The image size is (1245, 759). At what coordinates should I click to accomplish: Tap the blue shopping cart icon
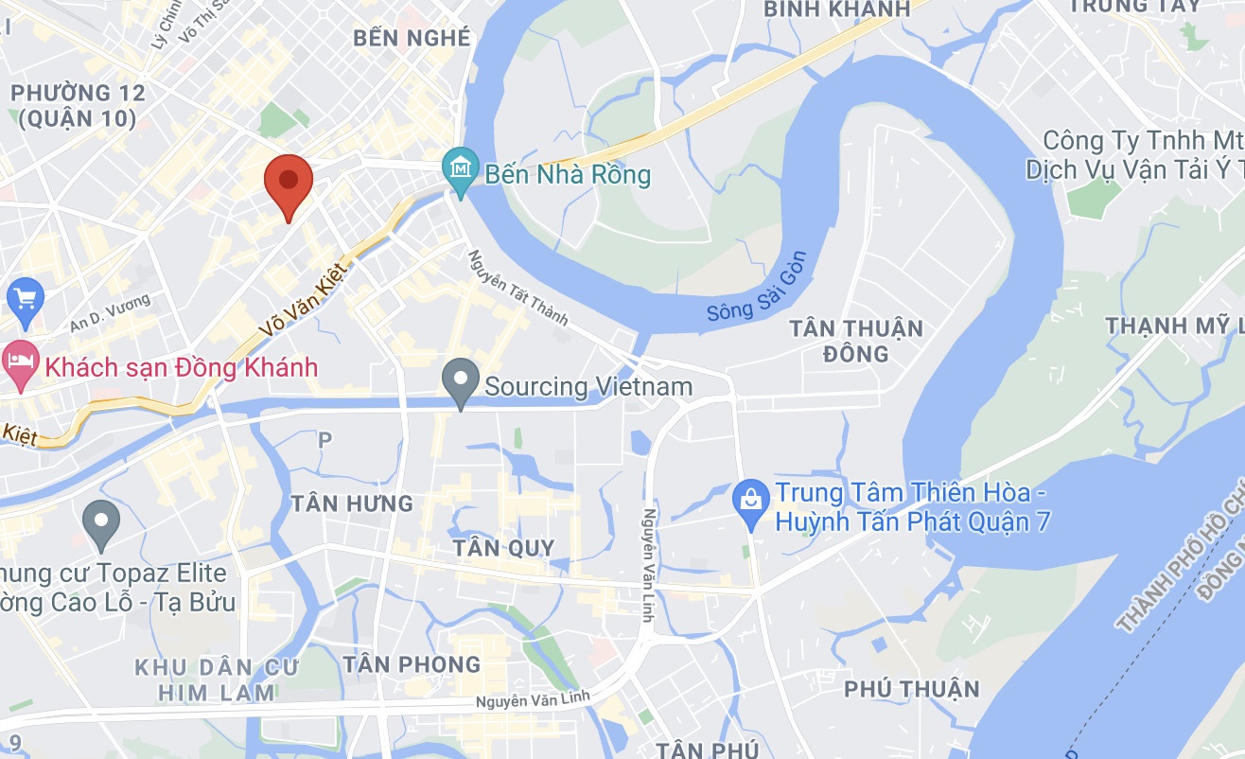(x=26, y=298)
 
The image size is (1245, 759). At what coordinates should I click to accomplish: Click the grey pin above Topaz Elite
(x=100, y=522)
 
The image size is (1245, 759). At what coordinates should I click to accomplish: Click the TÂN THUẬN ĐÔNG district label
(x=855, y=341)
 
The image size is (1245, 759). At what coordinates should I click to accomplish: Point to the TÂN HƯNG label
(x=352, y=503)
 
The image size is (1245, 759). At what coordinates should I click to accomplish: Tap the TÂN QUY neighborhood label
(x=502, y=548)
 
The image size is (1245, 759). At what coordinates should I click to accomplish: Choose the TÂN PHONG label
(x=412, y=664)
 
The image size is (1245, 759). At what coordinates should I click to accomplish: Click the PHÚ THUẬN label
(x=911, y=689)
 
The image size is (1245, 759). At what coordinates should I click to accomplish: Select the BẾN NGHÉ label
(x=412, y=38)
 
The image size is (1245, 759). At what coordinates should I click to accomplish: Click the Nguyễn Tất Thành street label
(x=518, y=288)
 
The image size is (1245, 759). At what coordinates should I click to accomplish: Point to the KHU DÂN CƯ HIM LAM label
(x=217, y=680)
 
